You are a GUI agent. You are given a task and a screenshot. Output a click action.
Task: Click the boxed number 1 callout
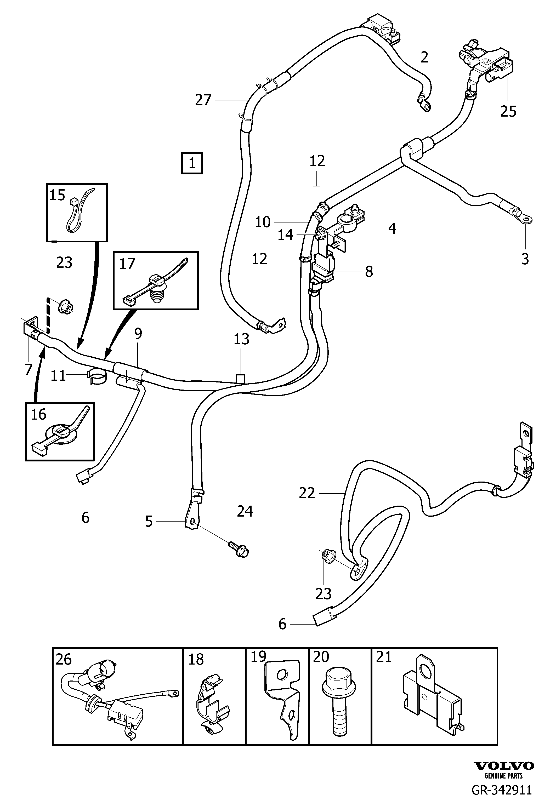(x=192, y=163)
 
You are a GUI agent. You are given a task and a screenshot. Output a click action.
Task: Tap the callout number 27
(x=203, y=100)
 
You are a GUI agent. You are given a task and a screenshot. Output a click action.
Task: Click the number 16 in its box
(x=38, y=414)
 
